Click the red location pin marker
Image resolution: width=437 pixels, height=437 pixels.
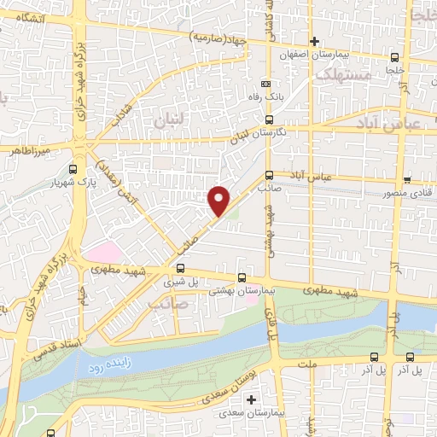pos(219,201)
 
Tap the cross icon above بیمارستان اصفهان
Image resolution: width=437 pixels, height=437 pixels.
pos(314,41)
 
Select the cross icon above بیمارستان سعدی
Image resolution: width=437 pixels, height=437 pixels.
pos(250,399)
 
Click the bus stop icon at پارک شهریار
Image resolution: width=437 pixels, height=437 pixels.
pos(73,169)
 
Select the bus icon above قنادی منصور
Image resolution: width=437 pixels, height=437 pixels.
pos(407,180)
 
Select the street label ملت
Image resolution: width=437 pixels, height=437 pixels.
pos(307,364)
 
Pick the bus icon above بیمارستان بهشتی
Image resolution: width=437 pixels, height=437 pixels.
pos(242,277)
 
